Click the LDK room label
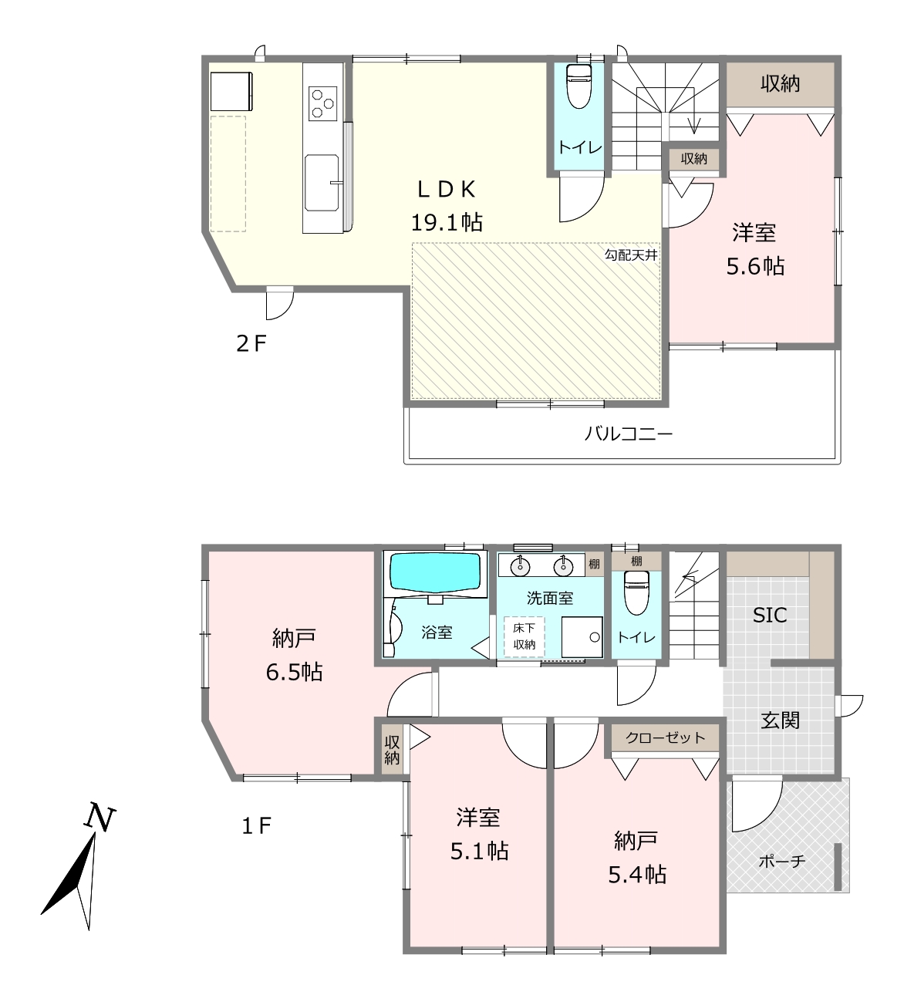point(447,189)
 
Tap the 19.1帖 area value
point(447,222)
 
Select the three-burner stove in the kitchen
point(322,103)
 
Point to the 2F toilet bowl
point(579,86)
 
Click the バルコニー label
point(629,434)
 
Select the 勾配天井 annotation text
point(631,255)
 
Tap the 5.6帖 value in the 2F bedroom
point(755,266)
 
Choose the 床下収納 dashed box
point(525,637)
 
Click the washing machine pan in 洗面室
point(582,637)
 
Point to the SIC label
point(770,616)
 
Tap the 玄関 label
point(780,720)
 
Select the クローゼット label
point(665,737)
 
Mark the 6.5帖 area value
point(294,673)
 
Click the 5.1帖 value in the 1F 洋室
point(479,851)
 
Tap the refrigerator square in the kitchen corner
point(231,92)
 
